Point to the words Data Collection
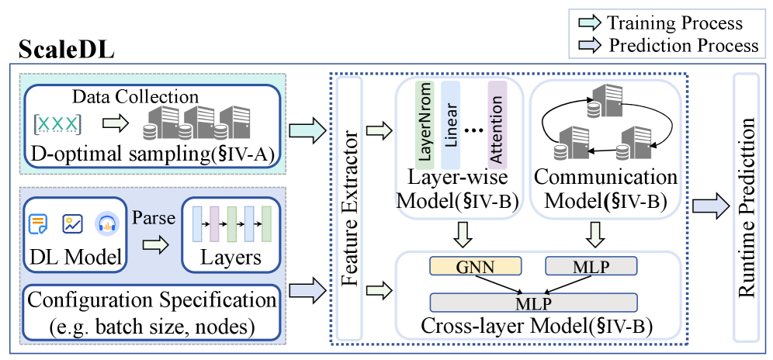tap(135, 98)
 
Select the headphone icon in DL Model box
tap(106, 225)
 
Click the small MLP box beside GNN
tap(591, 266)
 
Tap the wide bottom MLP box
tap(534, 300)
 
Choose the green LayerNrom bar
tap(425, 124)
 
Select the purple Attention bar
tap(497, 124)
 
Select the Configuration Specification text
tap(151, 299)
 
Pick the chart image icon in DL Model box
tap(72, 225)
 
